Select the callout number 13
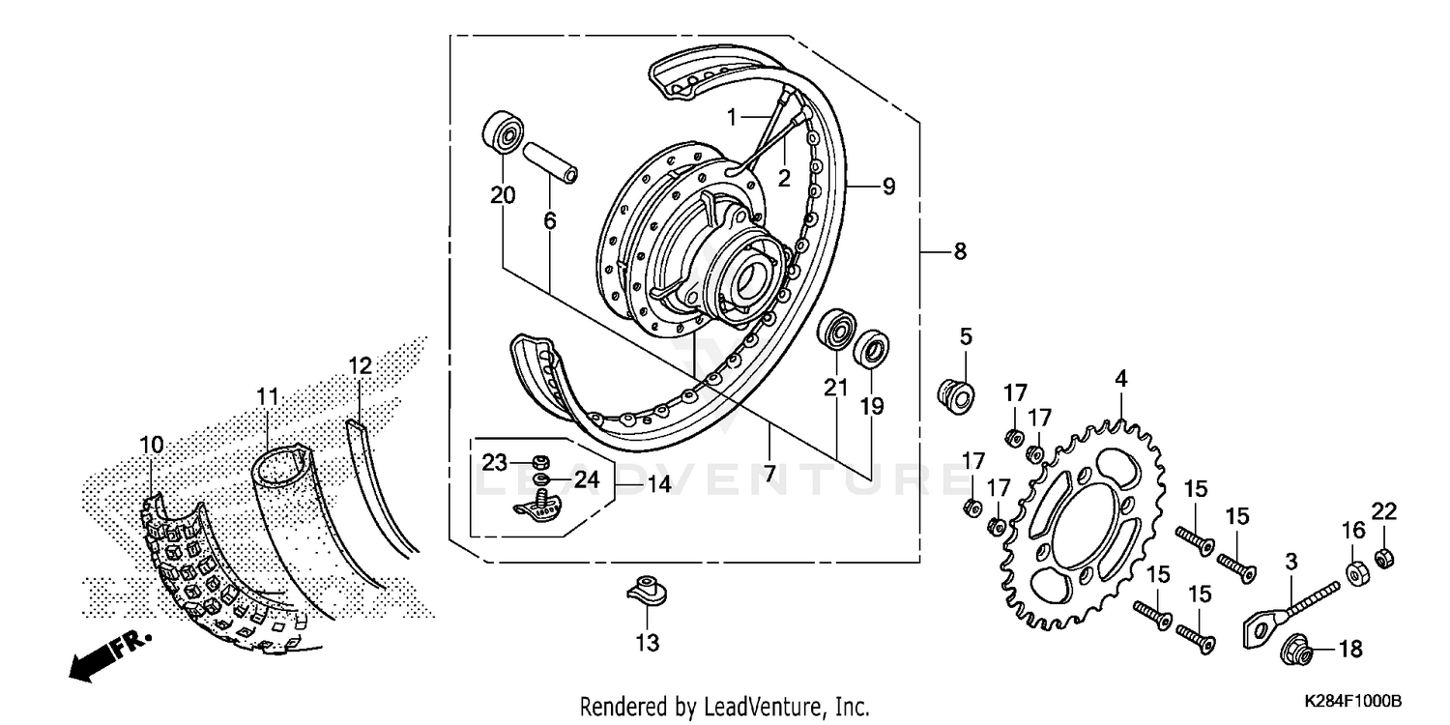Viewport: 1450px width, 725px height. pos(647,643)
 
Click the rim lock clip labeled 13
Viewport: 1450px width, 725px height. pos(647,591)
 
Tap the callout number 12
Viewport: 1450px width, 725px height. pos(360,367)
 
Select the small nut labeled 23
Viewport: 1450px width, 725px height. pos(542,460)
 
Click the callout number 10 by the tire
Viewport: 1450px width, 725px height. pos(151,445)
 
